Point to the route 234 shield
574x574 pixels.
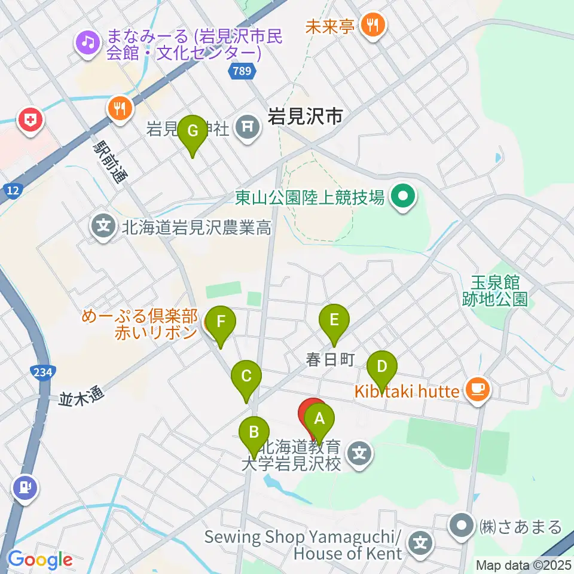click(x=43, y=372)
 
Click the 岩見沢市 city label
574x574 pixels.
click(x=305, y=116)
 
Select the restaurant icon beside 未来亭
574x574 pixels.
click(x=374, y=25)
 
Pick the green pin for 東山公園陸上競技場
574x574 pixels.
click(x=403, y=197)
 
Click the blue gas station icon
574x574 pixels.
click(x=24, y=487)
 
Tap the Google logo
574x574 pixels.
click(x=41, y=560)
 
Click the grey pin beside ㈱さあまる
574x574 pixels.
click(x=462, y=526)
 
